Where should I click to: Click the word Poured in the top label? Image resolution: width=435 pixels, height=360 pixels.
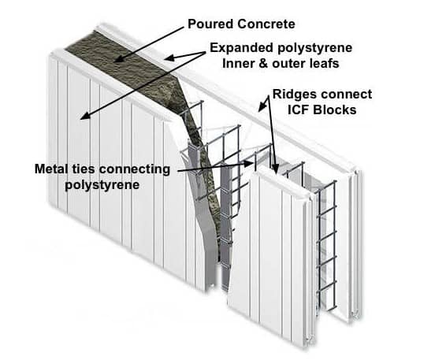210,24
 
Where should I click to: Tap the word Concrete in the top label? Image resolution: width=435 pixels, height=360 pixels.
266,24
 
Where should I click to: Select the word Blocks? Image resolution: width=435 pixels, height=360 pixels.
335,109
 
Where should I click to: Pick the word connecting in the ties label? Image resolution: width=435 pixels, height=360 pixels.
135,169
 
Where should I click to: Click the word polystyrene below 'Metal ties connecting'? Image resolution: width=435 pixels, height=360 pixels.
102,185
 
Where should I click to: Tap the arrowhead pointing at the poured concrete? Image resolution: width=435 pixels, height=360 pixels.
119,59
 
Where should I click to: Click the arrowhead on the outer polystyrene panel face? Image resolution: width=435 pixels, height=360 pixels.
85,116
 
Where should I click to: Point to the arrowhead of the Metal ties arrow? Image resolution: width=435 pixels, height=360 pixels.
248,164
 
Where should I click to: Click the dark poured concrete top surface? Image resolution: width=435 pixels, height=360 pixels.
122,65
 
